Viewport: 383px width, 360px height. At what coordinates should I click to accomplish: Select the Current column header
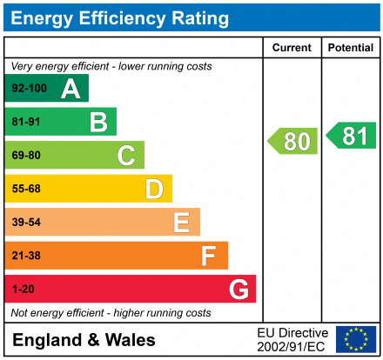pyautogui.click(x=292, y=48)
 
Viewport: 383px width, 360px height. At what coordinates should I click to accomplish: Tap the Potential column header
pyautogui.click(x=351, y=48)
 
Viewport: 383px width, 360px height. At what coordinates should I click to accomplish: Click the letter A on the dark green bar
pyautogui.click(x=71, y=89)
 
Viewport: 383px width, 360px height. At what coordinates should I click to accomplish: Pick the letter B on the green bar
pyautogui.click(x=98, y=122)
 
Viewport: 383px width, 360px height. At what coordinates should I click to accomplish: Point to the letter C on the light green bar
pyautogui.click(x=126, y=156)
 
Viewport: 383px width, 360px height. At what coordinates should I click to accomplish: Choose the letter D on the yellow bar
pyautogui.click(x=154, y=189)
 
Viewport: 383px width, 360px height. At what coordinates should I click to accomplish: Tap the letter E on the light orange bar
pyautogui.click(x=182, y=223)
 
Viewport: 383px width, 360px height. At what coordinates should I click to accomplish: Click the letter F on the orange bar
pyautogui.click(x=209, y=256)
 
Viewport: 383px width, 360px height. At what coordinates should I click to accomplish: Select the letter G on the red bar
pyautogui.click(x=238, y=289)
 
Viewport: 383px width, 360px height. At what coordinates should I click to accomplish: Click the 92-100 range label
pyautogui.click(x=29, y=89)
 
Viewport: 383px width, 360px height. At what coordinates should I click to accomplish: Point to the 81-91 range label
pyautogui.click(x=26, y=122)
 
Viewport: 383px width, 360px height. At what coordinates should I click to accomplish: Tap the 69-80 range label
pyautogui.click(x=26, y=156)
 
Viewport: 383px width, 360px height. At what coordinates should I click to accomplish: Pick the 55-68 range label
pyautogui.click(x=26, y=189)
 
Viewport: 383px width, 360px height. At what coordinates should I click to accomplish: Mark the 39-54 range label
pyautogui.click(x=26, y=223)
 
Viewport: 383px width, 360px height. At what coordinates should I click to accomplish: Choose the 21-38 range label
pyautogui.click(x=26, y=256)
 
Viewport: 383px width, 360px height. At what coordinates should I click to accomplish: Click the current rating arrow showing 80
pyautogui.click(x=293, y=141)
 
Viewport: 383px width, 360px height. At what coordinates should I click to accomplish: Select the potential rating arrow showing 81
pyautogui.click(x=352, y=136)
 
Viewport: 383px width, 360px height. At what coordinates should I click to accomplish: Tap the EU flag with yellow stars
pyautogui.click(x=356, y=339)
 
